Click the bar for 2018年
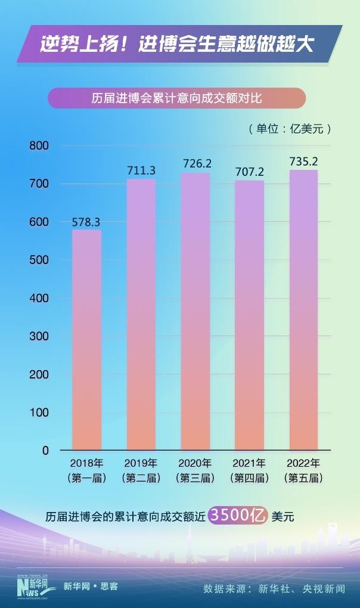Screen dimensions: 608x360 pos(86,340)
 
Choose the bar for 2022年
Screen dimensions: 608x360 pos(303,310)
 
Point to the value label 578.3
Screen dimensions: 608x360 pos(86,222)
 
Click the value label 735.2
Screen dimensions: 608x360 pos(303,162)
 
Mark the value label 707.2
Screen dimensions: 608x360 pos(249,172)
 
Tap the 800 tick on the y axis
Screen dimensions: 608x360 pos(38,145)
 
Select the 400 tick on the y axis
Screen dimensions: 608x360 pos(38,298)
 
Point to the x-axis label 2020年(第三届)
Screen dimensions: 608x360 pos(195,470)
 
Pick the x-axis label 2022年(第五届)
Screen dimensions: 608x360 pos(303,470)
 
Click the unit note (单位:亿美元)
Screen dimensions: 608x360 pos(289,129)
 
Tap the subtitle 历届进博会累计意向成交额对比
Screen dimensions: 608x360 pos(176,98)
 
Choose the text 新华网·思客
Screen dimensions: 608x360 pos(91,587)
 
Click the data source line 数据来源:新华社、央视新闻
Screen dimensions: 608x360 pos(274,588)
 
